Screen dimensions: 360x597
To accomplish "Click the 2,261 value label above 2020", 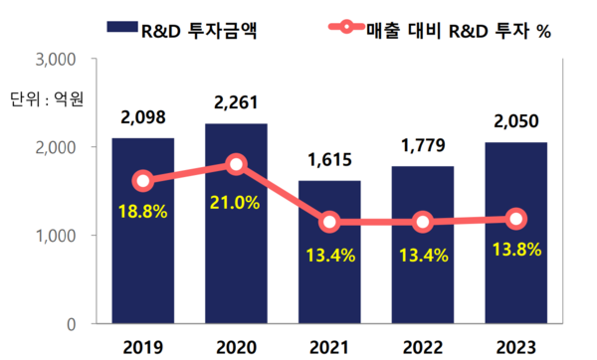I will [236, 100].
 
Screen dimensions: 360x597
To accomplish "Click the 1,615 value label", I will [329, 160].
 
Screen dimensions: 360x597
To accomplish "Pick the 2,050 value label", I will [515, 121].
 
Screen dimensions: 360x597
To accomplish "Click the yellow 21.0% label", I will [236, 203].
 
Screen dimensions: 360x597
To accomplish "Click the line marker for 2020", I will [236, 164].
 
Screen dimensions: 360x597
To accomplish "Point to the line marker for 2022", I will [423, 222].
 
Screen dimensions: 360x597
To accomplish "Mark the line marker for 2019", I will [142, 181].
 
